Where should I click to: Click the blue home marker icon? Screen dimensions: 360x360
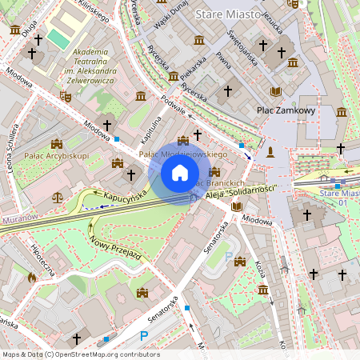click(x=180, y=172)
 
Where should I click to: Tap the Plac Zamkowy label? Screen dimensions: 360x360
click(x=286, y=110)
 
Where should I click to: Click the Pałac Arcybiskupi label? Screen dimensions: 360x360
click(x=56, y=155)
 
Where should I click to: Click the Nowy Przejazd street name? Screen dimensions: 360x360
click(x=115, y=243)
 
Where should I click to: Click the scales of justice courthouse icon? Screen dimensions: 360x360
click(x=57, y=195)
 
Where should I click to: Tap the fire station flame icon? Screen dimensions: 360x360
click(x=31, y=278)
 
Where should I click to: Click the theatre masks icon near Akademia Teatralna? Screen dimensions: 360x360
click(x=66, y=96)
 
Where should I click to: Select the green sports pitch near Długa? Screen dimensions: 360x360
click(x=58, y=37)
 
